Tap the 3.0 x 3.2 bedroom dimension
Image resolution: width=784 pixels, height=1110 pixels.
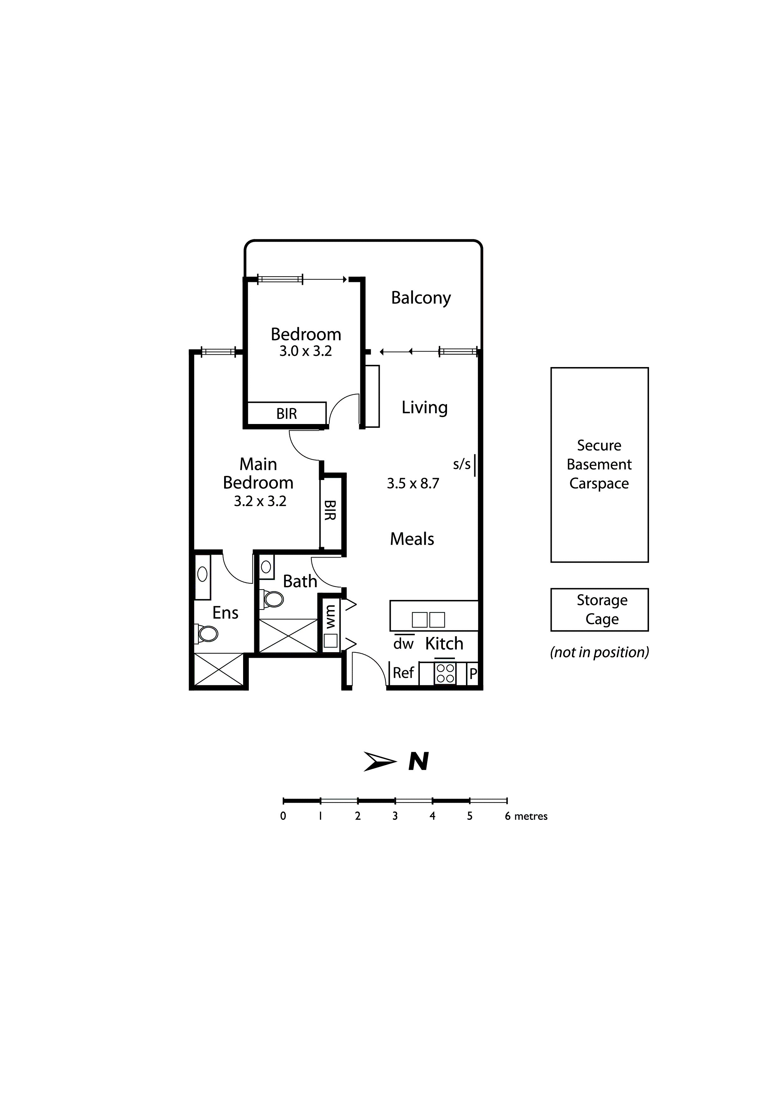pos(305,352)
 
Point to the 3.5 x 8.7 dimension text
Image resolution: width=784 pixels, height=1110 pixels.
pos(413,483)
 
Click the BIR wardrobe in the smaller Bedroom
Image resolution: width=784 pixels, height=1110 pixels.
pos(286,414)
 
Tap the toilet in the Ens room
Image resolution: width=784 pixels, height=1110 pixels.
pos(208,633)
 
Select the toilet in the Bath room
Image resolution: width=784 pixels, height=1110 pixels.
pos(273,600)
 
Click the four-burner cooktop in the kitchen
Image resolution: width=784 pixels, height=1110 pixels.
pos(445,673)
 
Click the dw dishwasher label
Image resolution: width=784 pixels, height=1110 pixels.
pos(403,644)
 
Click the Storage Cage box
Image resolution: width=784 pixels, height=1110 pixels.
pos(599,610)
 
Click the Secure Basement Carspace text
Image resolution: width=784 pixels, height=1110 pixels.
pos(599,464)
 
